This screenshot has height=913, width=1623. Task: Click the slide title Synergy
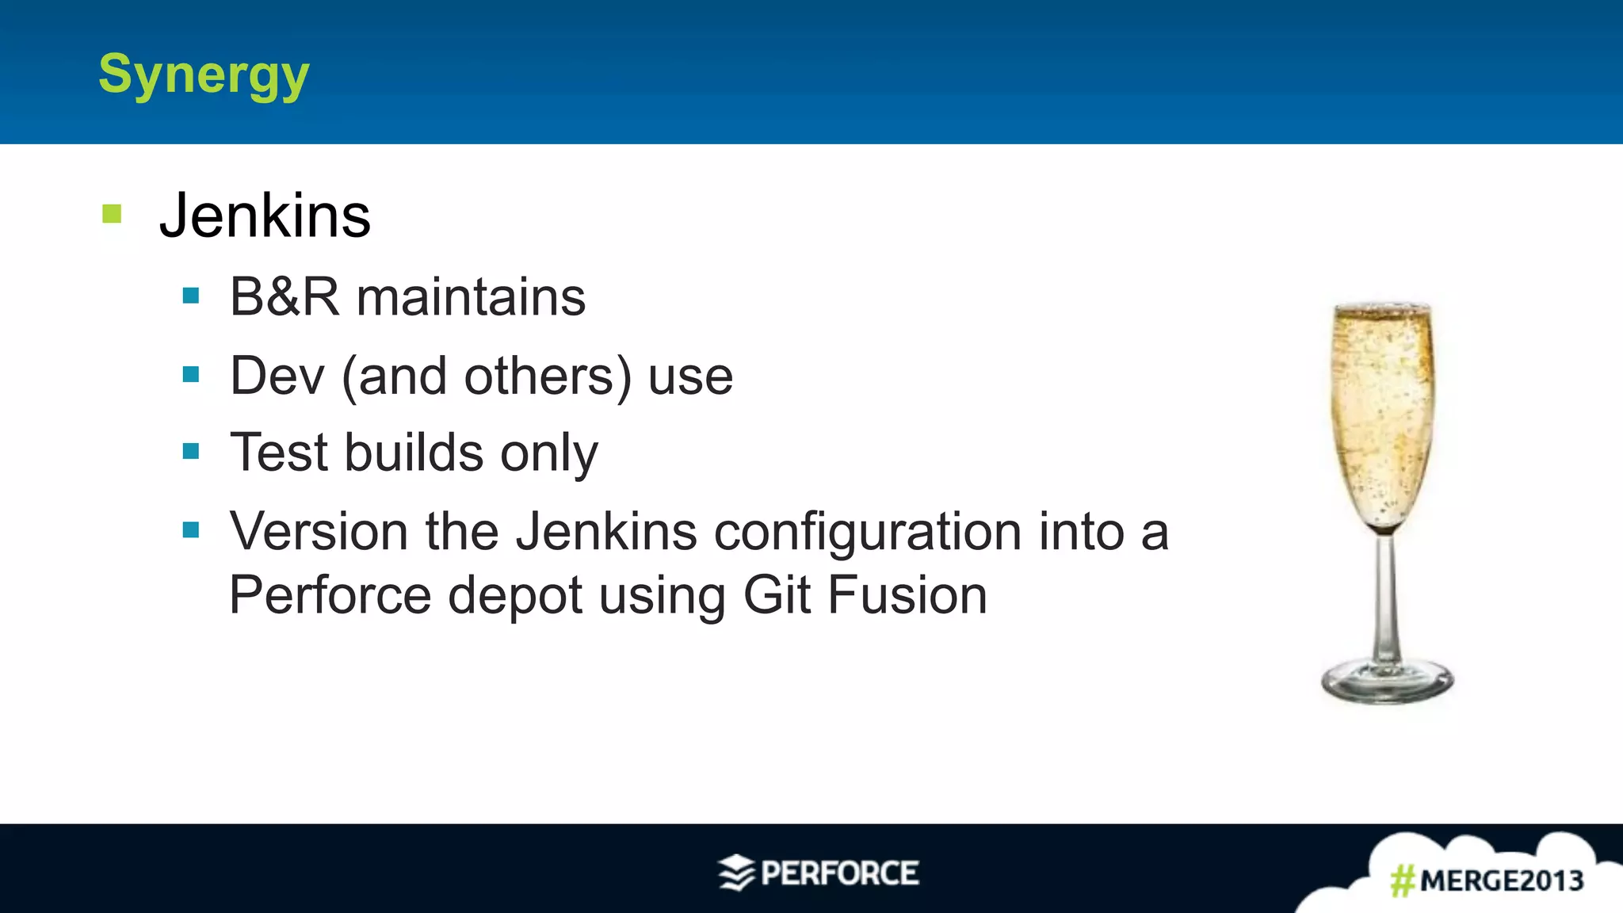(x=204, y=75)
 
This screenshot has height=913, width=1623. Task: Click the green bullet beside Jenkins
(x=112, y=213)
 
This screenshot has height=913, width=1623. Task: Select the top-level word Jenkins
(x=265, y=216)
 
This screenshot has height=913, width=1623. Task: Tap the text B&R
(x=285, y=297)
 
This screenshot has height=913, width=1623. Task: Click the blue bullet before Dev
(x=191, y=374)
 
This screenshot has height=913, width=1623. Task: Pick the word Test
(x=278, y=453)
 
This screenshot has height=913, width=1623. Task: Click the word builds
(x=413, y=453)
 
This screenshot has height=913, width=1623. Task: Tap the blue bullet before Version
(x=191, y=529)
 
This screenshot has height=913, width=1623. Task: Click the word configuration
(x=868, y=531)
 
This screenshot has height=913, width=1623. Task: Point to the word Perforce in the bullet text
(x=330, y=595)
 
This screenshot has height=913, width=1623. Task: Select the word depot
(x=515, y=597)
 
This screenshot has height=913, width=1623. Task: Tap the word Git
(x=777, y=595)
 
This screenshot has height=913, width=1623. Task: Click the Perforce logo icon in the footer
(x=736, y=873)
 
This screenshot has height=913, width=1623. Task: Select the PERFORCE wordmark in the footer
(x=839, y=873)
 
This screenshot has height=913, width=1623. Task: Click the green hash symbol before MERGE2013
(x=1402, y=881)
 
